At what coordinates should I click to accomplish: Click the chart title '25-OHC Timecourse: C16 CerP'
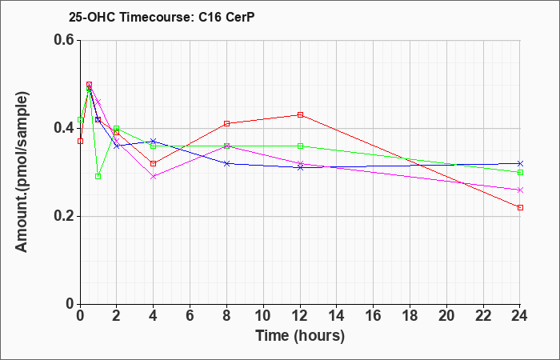coord(162,17)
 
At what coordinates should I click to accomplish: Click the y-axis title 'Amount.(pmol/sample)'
coord(22,172)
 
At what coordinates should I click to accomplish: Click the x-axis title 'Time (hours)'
coord(300,336)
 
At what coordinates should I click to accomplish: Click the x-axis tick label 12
coord(300,315)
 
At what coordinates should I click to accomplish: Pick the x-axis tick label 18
coord(410,315)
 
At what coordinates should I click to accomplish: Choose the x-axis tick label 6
coord(190,315)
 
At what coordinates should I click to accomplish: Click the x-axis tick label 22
coord(483,315)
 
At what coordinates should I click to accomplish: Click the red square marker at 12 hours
coord(300,114)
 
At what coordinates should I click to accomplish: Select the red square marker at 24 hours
coord(520,207)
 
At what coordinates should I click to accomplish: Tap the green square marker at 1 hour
coord(98,177)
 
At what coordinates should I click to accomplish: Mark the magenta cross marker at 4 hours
coord(154,177)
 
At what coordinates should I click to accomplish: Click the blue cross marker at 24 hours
coord(520,163)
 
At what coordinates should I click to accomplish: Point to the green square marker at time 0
coord(80,119)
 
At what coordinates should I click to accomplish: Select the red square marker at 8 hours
coord(226,123)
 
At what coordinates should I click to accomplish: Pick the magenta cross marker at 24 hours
coord(520,190)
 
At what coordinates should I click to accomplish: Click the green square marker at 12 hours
coord(300,146)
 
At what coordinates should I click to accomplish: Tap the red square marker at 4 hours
coord(154,163)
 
